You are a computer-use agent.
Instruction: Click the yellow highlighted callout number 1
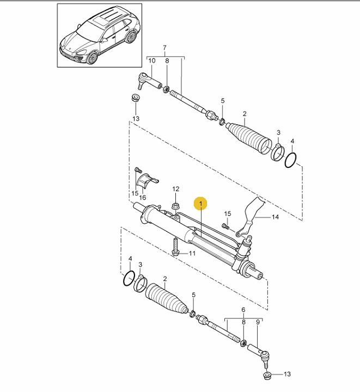[x=201, y=203]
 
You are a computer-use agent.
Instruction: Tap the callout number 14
[x=275, y=217]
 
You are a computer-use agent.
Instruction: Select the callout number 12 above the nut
[x=176, y=189]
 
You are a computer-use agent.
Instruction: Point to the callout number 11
[x=192, y=254]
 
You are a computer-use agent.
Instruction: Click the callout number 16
[x=142, y=197]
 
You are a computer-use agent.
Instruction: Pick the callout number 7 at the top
[x=164, y=47]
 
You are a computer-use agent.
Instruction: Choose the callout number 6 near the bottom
[x=243, y=310]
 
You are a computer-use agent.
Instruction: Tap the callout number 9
[x=258, y=322]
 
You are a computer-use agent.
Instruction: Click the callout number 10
[x=152, y=61]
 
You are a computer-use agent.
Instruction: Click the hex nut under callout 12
[x=175, y=207]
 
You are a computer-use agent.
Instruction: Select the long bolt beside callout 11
[x=175, y=247]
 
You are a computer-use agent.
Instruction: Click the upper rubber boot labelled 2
[x=249, y=138]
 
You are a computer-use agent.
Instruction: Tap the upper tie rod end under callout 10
[x=150, y=81]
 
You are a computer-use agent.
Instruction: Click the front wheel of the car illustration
[x=91, y=58]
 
